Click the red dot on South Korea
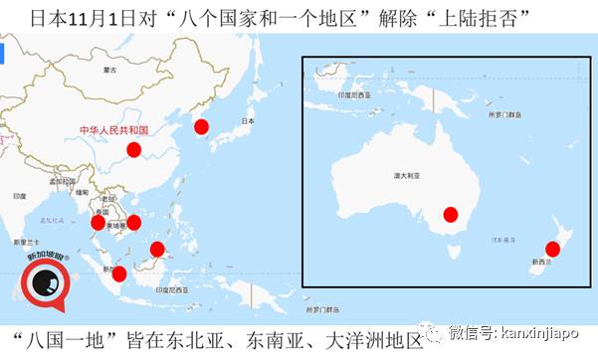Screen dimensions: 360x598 (201, 126)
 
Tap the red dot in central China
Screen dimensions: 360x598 (135, 152)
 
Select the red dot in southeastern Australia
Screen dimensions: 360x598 (450, 214)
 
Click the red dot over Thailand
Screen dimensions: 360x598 (98, 222)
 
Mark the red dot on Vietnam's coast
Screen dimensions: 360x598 (133, 222)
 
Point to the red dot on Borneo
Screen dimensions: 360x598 (157, 249)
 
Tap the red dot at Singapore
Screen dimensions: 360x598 (119, 273)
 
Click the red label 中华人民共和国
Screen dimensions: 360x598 (113, 129)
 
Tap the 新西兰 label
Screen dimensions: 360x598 (543, 263)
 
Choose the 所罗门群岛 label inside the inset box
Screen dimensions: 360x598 (503, 115)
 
